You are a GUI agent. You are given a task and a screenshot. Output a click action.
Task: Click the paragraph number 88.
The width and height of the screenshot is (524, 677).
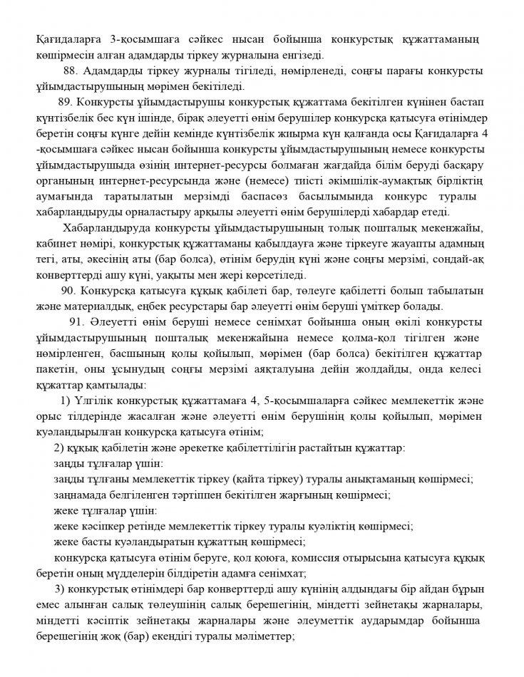tap(71, 71)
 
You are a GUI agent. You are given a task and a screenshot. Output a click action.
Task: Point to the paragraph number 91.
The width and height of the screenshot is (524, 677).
tap(77, 323)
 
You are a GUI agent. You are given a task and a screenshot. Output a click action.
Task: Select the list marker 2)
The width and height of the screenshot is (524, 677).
tap(59, 448)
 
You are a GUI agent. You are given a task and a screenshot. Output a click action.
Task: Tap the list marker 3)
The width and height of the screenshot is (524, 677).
tap(59, 589)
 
